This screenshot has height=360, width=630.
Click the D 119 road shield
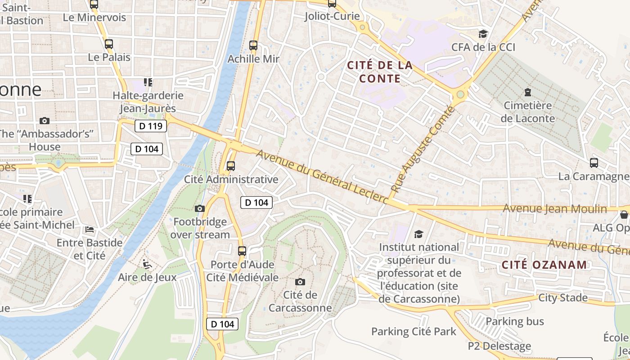point(151,126)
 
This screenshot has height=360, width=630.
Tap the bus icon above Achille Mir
point(253,45)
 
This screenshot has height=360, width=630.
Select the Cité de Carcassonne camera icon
point(300,282)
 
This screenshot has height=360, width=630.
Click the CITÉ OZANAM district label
point(544,265)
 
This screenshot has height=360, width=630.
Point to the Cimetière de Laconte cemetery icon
point(527,93)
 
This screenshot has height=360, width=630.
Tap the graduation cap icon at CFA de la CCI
point(483,34)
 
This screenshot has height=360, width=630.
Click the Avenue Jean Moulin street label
point(554,209)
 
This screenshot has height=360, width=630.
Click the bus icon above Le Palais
point(108,44)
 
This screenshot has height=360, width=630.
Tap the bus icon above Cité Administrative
point(231,166)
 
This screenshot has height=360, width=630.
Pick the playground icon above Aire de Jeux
point(146,264)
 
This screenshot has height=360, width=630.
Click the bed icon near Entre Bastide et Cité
point(90,229)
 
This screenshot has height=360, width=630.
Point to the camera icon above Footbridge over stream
point(200,208)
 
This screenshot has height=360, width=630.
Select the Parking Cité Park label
point(414,332)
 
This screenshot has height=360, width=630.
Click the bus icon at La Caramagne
point(594,163)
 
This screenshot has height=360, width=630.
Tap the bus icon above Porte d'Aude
point(242,251)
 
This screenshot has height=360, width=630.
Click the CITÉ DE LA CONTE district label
point(380,72)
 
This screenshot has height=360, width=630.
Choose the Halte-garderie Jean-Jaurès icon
point(148,82)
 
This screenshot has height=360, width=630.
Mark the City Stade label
point(563,297)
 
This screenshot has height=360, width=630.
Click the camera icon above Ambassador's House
point(44,121)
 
